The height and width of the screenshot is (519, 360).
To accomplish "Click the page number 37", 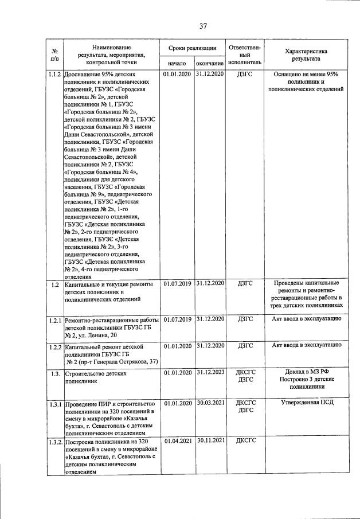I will pyautogui.click(x=204, y=26).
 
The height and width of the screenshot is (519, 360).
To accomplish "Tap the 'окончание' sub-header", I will pyautogui.click(x=209, y=63).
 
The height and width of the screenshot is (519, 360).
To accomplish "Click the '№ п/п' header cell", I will pyautogui.click(x=54, y=54).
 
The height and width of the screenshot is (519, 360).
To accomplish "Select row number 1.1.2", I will pyautogui.click(x=54, y=75).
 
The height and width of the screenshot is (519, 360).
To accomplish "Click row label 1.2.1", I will pyautogui.click(x=54, y=319).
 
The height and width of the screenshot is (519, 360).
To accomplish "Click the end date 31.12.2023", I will pyautogui.click(x=209, y=372).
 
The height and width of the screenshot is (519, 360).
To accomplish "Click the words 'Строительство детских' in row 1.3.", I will pyautogui.click(x=95, y=373).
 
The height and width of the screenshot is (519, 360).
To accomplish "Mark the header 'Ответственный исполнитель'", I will pyautogui.click(x=245, y=54).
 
